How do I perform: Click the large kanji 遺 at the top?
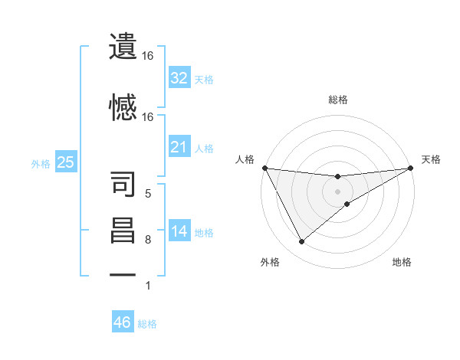[123, 46]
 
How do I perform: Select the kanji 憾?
[123, 106]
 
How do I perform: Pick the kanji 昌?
[123, 231]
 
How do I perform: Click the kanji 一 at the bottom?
[123, 274]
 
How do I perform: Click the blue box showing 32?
[179, 78]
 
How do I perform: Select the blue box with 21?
[179, 147]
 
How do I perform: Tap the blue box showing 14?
[179, 232]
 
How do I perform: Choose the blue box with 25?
[65, 162]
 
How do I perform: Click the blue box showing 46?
[123, 322]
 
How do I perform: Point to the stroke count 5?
[147, 193]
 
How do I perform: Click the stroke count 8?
[147, 241]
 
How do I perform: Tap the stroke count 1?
[147, 286]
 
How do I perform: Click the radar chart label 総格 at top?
[338, 100]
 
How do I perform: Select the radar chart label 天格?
[431, 159]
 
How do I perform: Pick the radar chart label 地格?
[402, 262]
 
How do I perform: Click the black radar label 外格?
[270, 262]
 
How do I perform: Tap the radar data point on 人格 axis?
[264, 167]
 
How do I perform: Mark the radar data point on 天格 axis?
[411, 168]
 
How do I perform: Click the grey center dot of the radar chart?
[338, 191]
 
